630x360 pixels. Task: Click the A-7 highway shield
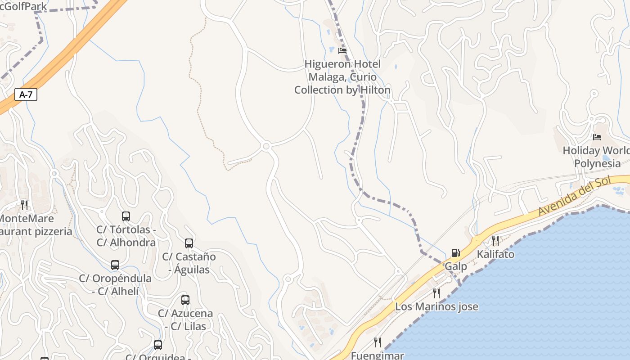pyautogui.click(x=26, y=94)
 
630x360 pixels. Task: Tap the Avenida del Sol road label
pyautogui.click(x=575, y=196)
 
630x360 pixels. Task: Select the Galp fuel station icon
pyautogui.click(x=456, y=253)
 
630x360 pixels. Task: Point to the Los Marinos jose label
pyautogui.click(x=436, y=307)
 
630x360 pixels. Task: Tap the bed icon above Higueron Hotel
pyautogui.click(x=342, y=51)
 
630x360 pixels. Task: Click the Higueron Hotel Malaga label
pyautogui.click(x=342, y=77)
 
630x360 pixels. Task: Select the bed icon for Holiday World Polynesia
pyautogui.click(x=597, y=137)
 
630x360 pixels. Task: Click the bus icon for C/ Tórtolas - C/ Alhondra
pyautogui.click(x=126, y=216)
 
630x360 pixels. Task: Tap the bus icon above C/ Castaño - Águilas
pyautogui.click(x=189, y=243)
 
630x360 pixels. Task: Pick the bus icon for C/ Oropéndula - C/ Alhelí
pyautogui.click(x=115, y=265)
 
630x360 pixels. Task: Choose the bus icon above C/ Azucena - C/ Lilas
pyautogui.click(x=185, y=300)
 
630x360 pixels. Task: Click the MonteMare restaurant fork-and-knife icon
pyautogui.click(x=24, y=205)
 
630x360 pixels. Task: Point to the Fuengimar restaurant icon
pyautogui.click(x=378, y=342)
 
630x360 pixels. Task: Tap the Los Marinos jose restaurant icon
pyautogui.click(x=436, y=293)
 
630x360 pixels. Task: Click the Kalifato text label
pyautogui.click(x=495, y=254)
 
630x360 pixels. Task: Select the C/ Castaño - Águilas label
pyautogui.click(x=189, y=263)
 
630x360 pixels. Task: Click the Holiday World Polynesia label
pyautogui.click(x=597, y=157)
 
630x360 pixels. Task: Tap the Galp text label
pyautogui.click(x=456, y=266)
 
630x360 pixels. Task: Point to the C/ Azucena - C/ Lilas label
pyautogui.click(x=185, y=319)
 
